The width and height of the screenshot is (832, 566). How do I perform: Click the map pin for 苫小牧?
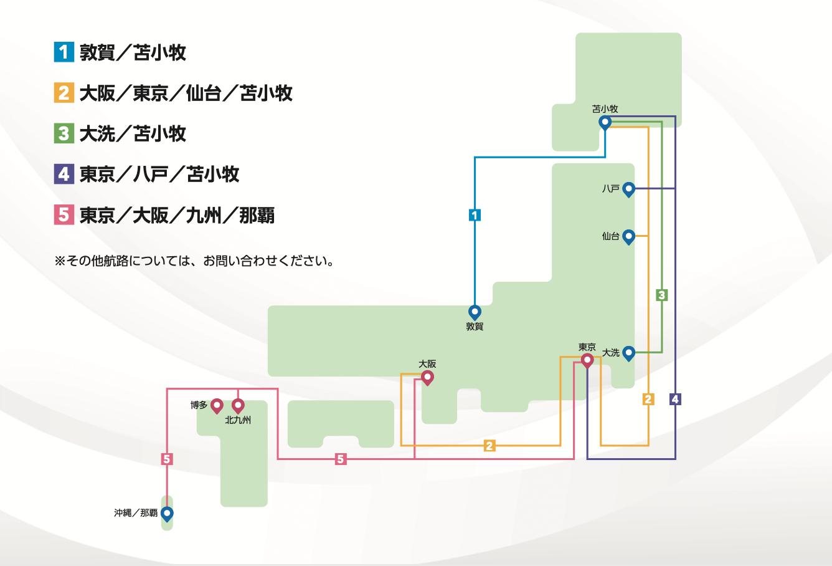coord(605,122)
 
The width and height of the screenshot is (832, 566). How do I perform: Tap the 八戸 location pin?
coord(628,188)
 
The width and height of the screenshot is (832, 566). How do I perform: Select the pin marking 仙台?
coord(628,236)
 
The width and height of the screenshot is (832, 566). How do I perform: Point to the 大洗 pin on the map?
coord(628,353)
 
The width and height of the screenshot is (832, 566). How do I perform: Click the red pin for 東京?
coord(587,360)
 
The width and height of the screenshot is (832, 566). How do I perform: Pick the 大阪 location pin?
coord(427,377)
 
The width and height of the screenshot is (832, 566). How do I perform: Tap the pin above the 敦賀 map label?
coord(475,311)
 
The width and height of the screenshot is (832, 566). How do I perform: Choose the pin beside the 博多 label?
coord(217,405)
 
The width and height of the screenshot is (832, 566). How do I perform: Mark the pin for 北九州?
coord(238,405)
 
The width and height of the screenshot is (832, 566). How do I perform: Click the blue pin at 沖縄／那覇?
coord(167,513)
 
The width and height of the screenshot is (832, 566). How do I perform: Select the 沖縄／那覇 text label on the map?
coord(136,513)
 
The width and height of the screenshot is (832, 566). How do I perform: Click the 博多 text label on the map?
coord(199,405)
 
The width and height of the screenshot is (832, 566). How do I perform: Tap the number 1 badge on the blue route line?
coord(475,215)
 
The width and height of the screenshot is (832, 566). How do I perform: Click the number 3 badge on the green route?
coord(661,295)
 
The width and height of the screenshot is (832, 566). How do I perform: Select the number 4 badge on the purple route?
coord(675,399)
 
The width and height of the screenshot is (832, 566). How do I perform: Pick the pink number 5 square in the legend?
coord(64,214)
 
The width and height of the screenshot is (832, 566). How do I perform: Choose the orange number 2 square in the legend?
coord(64,92)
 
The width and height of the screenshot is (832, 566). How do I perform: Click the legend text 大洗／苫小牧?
coord(133,133)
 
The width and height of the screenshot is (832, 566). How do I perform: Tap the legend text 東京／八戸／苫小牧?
coord(159,174)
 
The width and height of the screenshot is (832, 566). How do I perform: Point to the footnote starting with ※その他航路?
coord(194,261)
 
